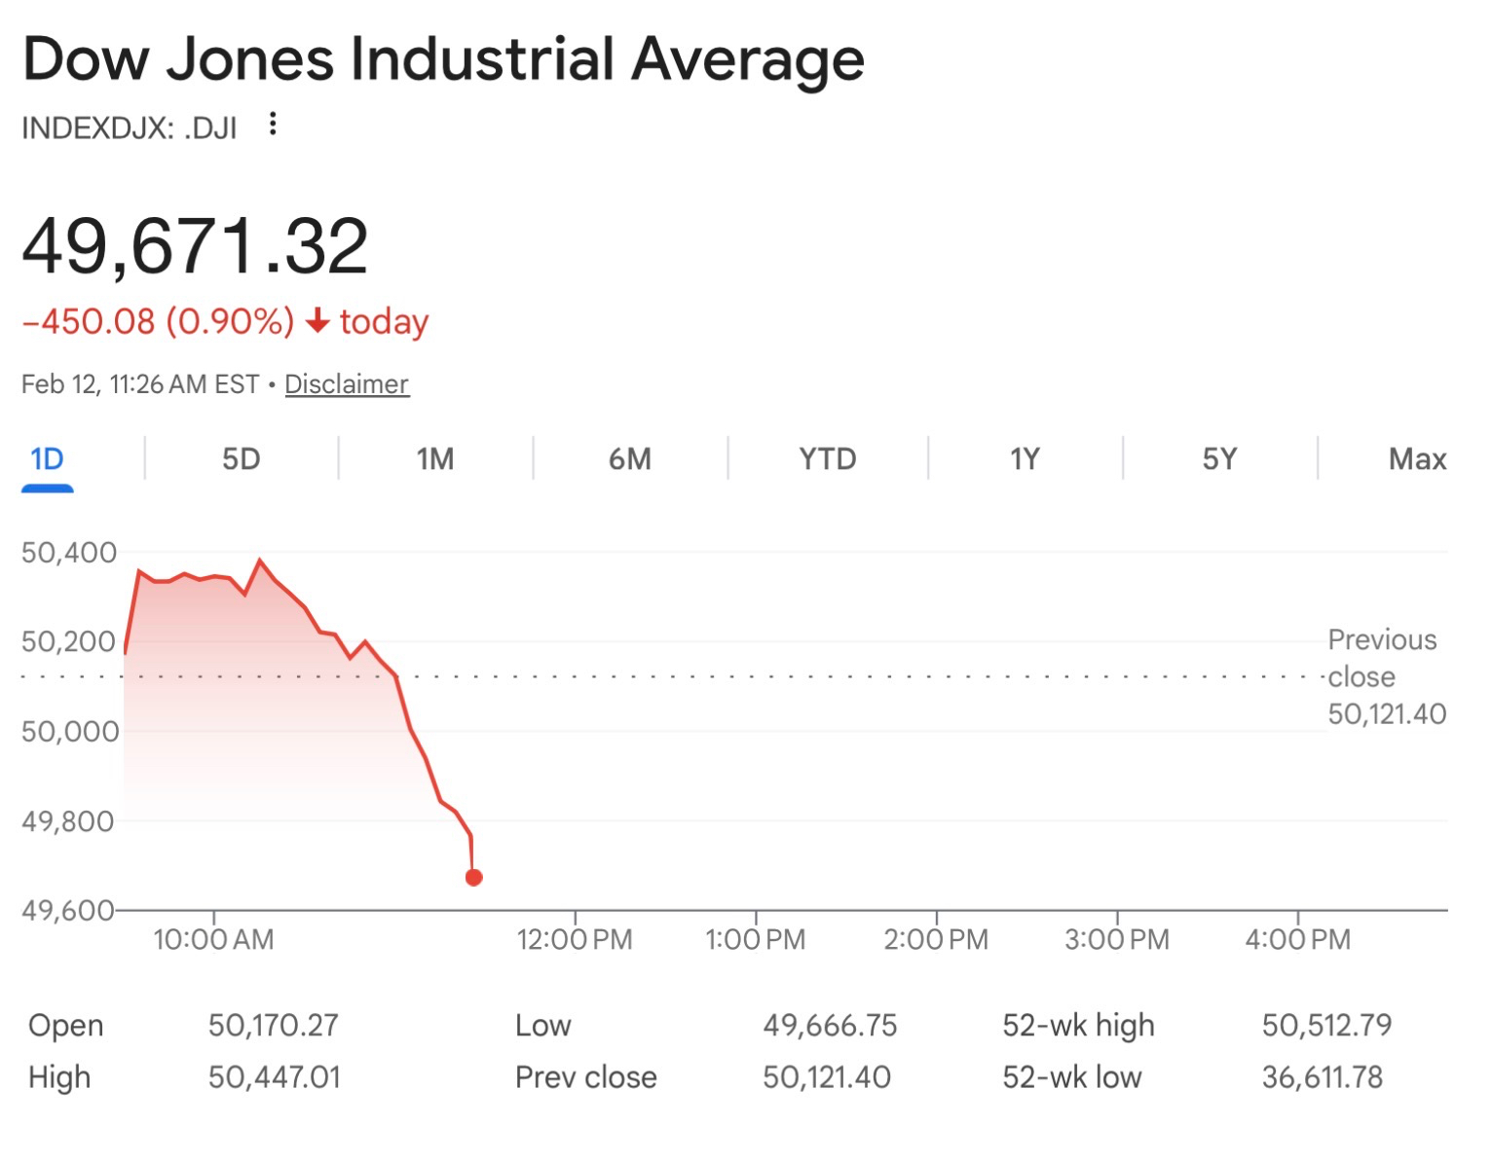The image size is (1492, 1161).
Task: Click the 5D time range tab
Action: coord(241,458)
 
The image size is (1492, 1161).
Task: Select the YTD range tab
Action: coord(827,458)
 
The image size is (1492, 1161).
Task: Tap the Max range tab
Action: coord(1416,458)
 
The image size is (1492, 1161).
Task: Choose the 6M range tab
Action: coord(629,458)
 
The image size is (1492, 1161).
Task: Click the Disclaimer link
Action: coord(346,384)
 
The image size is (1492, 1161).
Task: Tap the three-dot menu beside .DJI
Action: coord(273,124)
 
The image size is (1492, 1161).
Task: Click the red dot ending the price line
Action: coord(474,878)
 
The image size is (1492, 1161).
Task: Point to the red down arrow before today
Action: coord(317,321)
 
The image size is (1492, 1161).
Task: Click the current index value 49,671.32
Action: coord(195,246)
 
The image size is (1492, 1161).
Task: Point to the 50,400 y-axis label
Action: coord(68,553)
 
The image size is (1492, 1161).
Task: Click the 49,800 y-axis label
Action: coord(68,821)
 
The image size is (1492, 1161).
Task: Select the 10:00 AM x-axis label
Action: coord(213,940)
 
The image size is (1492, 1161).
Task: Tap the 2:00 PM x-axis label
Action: coord(935,940)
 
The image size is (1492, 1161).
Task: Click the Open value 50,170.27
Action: coord(273,1025)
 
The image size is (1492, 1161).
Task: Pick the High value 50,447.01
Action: coord(274,1077)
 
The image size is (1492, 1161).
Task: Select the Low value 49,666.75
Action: coord(829,1025)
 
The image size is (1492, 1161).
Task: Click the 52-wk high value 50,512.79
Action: coord(1326,1025)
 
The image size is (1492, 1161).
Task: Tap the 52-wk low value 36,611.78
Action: coord(1322,1077)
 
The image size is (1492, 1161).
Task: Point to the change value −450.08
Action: coord(89,321)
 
